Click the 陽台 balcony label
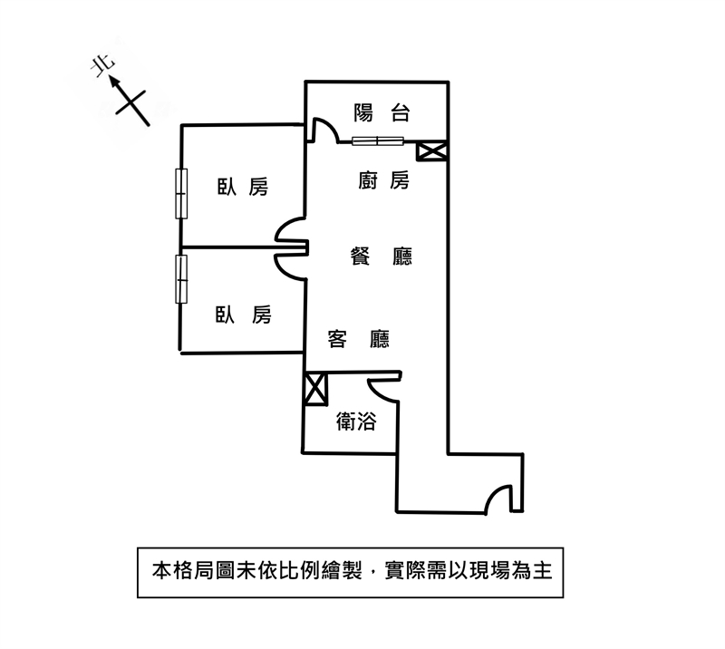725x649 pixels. [x=382, y=113]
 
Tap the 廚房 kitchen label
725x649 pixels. [x=383, y=180]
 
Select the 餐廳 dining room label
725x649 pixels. [x=382, y=257]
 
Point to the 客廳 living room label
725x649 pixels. [x=359, y=339]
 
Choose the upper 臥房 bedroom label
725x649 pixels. [x=243, y=187]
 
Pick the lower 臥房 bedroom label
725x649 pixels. [x=243, y=315]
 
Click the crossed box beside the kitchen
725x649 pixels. [x=433, y=150]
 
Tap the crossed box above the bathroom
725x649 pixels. [x=316, y=390]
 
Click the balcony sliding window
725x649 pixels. [x=377, y=140]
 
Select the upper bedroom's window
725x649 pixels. [x=182, y=193]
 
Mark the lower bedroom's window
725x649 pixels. [x=182, y=280]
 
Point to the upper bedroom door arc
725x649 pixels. [x=291, y=232]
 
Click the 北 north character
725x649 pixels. [x=103, y=66]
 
